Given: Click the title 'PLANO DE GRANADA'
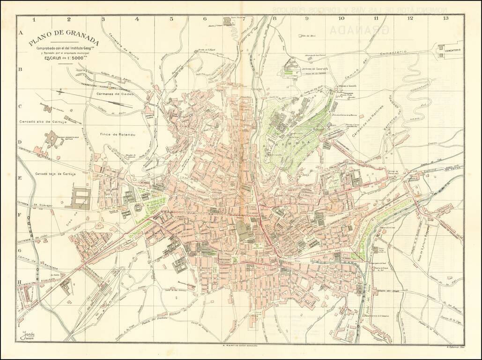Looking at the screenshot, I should tap(63, 41).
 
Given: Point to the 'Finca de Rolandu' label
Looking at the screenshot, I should tap(118, 135).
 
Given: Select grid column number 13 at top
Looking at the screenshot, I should tap(445, 19).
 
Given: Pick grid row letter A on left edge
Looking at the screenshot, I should tap(20, 33).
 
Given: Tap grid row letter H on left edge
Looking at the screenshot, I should tap(20, 283).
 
